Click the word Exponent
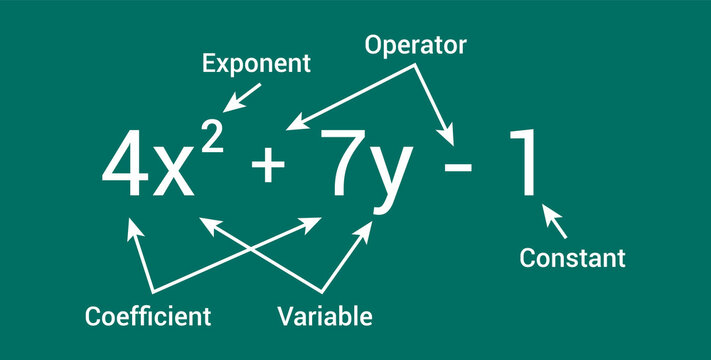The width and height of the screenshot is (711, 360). coord(257,64)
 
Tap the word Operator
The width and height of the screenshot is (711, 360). coord(415,45)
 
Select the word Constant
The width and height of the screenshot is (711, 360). coord(573,258)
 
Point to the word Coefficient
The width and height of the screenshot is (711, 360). coord(148,317)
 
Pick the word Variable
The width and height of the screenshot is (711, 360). coord(325,317)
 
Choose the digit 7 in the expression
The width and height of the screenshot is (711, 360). coord(339,163)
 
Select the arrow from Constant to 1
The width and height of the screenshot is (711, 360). coord(555,221)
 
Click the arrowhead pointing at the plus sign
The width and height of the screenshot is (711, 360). coord(292,125)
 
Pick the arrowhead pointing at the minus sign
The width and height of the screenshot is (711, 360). coord(453,138)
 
